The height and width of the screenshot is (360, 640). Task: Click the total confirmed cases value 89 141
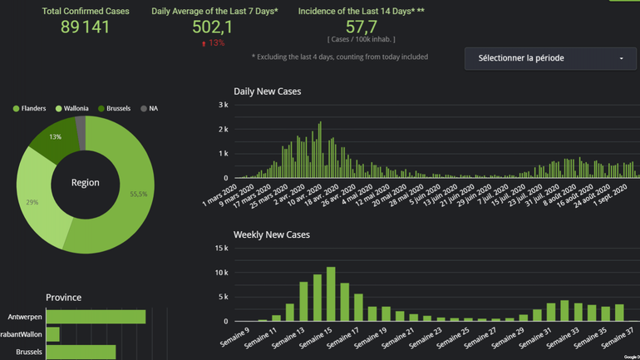(86, 27)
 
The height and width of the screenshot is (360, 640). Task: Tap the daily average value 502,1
(213, 27)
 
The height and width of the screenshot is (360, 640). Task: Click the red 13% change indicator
(213, 43)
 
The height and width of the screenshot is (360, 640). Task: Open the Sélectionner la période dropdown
(550, 58)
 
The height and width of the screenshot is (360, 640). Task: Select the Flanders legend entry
(30, 109)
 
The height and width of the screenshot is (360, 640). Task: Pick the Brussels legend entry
(114, 109)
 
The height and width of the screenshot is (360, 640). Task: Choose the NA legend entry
(150, 109)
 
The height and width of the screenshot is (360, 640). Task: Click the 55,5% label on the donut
(139, 194)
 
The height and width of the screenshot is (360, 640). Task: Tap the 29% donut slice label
(32, 202)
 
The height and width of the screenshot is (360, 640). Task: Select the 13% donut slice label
(55, 137)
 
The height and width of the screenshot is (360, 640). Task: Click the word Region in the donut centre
(86, 183)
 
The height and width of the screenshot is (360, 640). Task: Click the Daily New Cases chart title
(268, 91)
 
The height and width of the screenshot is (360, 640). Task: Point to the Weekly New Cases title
(272, 235)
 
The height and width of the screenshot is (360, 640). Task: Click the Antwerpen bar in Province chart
(96, 317)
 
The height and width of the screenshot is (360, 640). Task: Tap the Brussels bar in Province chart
(81, 353)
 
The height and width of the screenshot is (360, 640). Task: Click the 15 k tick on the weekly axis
(221, 249)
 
